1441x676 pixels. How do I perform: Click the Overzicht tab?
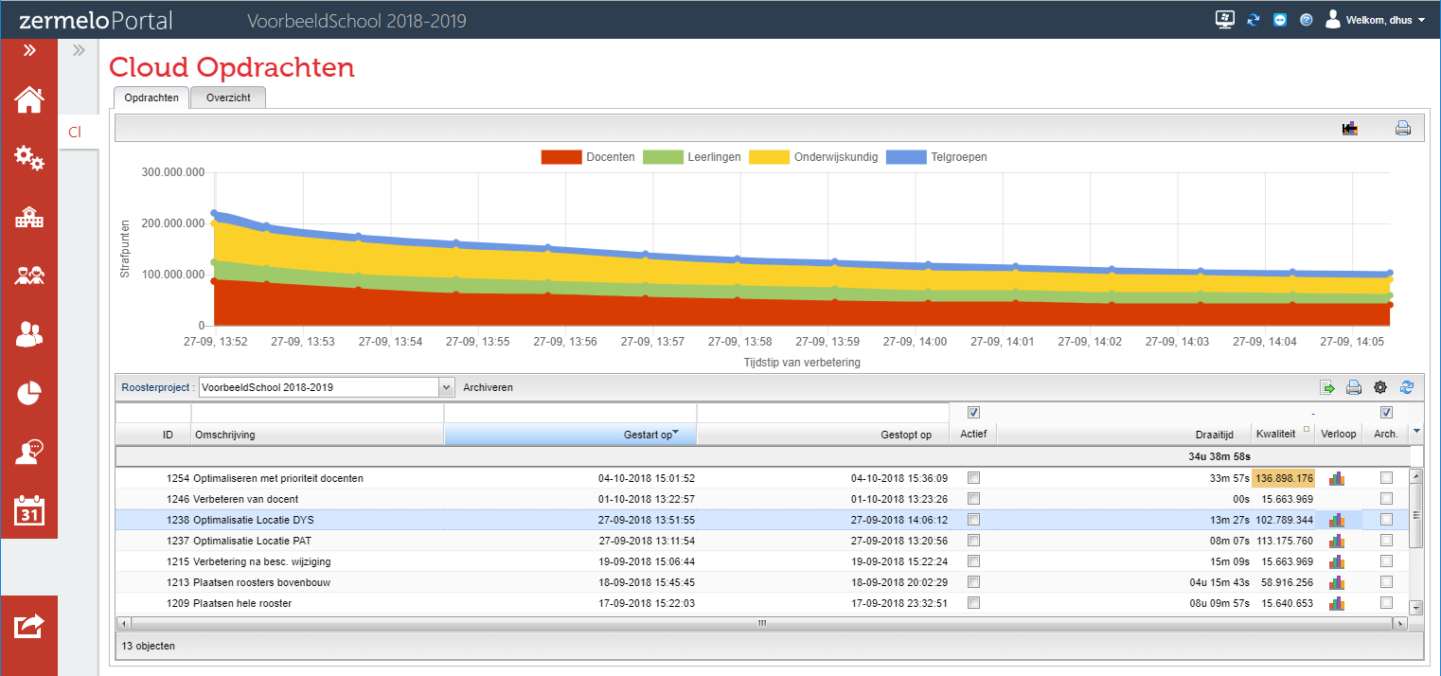click(x=228, y=98)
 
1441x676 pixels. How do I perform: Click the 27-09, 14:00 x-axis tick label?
click(x=915, y=342)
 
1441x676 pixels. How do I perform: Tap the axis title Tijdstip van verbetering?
click(x=802, y=362)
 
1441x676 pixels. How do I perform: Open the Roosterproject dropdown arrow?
click(x=447, y=387)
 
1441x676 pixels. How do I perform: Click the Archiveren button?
click(x=488, y=387)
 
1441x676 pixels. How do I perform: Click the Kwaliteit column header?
click(x=1275, y=435)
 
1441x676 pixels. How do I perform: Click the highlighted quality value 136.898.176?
click(x=1284, y=478)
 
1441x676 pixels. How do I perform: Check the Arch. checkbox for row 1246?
click(x=1386, y=499)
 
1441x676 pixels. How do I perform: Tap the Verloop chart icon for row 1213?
click(x=1337, y=582)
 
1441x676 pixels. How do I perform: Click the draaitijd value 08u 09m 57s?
click(x=1219, y=603)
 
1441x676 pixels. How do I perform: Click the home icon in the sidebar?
click(x=29, y=99)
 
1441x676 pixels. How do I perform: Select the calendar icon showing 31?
click(x=29, y=510)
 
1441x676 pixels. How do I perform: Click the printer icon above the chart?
click(x=1402, y=129)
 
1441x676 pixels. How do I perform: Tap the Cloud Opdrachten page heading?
click(x=232, y=67)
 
